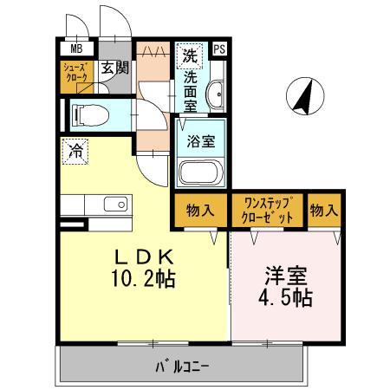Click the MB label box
(x=75, y=49)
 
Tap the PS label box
(x=220, y=49)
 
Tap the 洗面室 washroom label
(x=190, y=89)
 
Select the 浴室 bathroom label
(x=202, y=142)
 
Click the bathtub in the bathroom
(x=201, y=172)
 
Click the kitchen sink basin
(x=114, y=205)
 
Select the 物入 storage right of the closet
(x=324, y=209)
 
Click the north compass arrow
(x=304, y=96)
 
